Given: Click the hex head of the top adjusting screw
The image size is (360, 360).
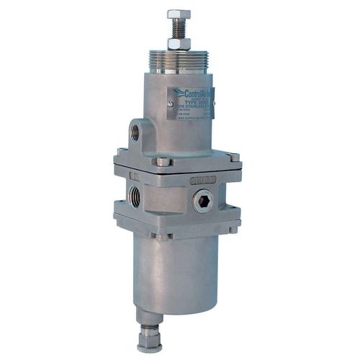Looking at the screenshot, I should point(179,14).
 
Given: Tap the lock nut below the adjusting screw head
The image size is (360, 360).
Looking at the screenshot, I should point(179,44).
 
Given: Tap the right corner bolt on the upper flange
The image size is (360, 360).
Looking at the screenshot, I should point(233,158).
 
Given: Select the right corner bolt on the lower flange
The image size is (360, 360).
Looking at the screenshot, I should point(232,229).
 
